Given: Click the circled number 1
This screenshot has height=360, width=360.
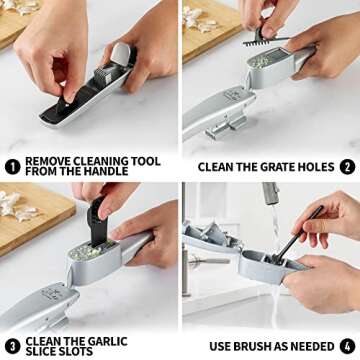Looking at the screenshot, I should [12, 166].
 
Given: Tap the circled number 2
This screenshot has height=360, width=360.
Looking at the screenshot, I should [347, 167].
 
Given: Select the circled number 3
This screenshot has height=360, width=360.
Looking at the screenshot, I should [12, 345].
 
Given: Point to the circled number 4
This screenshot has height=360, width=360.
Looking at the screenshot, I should [347, 345].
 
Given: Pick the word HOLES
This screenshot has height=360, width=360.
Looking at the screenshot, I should [312, 167].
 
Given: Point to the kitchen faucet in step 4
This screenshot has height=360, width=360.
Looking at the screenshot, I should [271, 200].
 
